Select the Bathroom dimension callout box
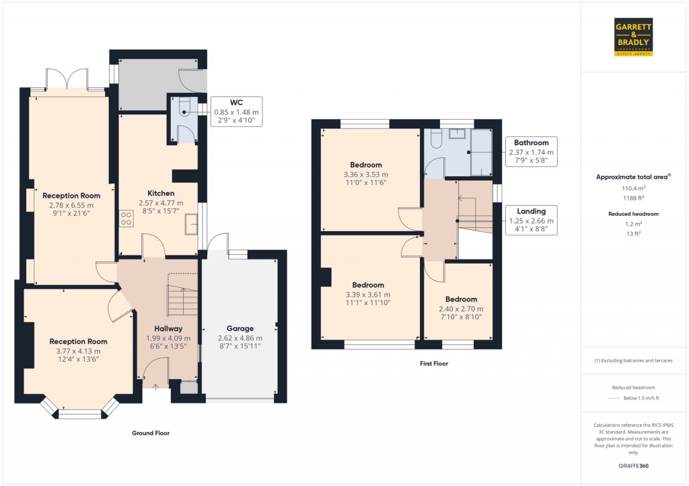[531, 152]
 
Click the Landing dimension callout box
[531, 220]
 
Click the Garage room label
[240, 329]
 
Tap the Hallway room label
[168, 329]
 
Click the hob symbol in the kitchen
[125, 218]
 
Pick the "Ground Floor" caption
[150, 434]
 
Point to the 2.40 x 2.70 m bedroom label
[461, 299]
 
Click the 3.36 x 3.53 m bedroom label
[366, 165]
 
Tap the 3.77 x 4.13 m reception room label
[78, 341]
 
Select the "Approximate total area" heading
[632, 177]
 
